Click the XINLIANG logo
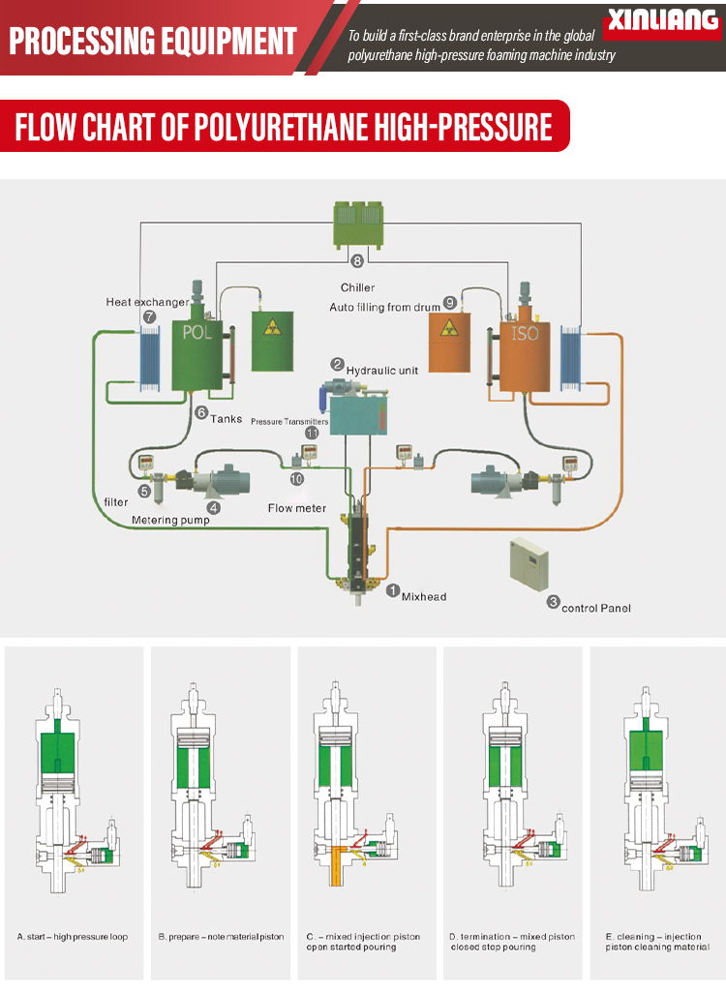[x=663, y=20]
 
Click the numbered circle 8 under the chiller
[x=357, y=261]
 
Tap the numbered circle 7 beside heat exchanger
[x=148, y=316]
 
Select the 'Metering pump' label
[x=170, y=521]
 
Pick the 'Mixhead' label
[x=424, y=596]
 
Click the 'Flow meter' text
[x=296, y=508]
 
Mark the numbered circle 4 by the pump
[x=214, y=506]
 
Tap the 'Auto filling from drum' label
[x=384, y=307]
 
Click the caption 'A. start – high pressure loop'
[x=73, y=937]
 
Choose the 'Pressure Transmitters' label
[x=289, y=422]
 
